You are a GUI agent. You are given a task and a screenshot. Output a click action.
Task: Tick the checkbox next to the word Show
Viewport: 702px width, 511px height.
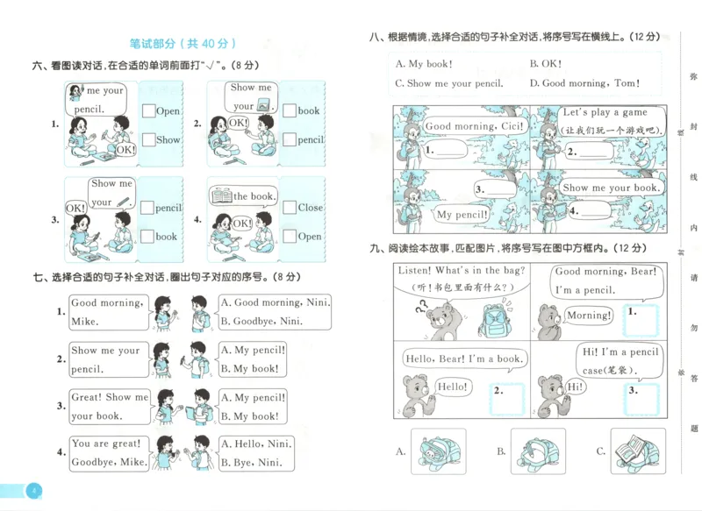pos(148,140)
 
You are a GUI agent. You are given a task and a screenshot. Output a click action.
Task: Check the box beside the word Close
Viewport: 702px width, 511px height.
pos(290,208)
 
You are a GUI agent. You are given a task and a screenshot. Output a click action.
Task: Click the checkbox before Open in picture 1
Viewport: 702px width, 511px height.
pos(148,111)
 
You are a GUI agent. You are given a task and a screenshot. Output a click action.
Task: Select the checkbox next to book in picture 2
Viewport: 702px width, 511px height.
pos(290,111)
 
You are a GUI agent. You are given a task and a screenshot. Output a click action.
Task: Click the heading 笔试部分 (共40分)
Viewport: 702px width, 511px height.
pos(183,43)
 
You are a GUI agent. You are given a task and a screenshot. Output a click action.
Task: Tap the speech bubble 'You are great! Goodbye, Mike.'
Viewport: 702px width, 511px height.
pos(108,452)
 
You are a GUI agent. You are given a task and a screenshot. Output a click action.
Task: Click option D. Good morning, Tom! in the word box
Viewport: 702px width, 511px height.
pos(584,83)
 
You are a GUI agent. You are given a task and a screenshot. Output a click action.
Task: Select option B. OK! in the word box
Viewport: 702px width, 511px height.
pos(545,64)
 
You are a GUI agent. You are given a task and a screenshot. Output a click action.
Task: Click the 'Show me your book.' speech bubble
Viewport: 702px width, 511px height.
pos(610,188)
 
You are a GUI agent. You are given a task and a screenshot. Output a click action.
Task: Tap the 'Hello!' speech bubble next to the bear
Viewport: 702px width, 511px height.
pos(452,387)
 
